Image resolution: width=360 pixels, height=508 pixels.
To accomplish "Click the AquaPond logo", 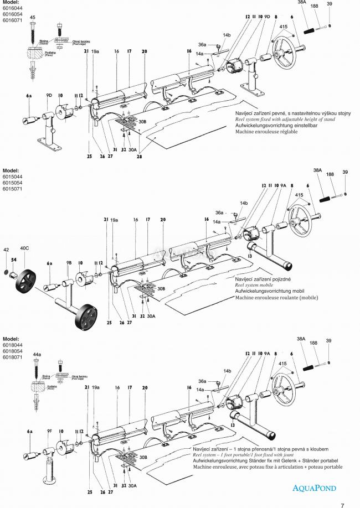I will coord(315,488).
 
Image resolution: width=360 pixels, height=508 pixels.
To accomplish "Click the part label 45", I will coord(33,18).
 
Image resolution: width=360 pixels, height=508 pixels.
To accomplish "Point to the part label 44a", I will coord(37,354).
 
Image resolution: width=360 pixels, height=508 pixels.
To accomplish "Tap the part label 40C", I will coord(25,249).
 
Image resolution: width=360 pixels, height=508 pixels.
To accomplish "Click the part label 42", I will coord(7,250).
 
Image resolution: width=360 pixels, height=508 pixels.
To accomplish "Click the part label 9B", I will coord(69,263).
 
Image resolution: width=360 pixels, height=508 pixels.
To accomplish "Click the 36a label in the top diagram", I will coord(202,45).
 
